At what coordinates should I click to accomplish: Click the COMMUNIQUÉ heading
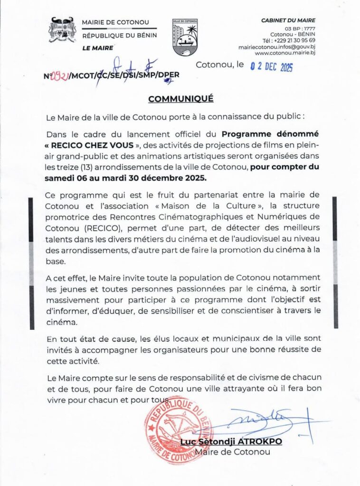coord(181,99)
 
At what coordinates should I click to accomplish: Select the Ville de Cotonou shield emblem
coord(184,37)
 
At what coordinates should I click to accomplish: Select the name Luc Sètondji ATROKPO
coord(231,442)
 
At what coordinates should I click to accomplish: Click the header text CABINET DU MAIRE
coord(288,20)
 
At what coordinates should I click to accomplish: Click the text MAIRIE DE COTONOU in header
coord(115,22)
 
